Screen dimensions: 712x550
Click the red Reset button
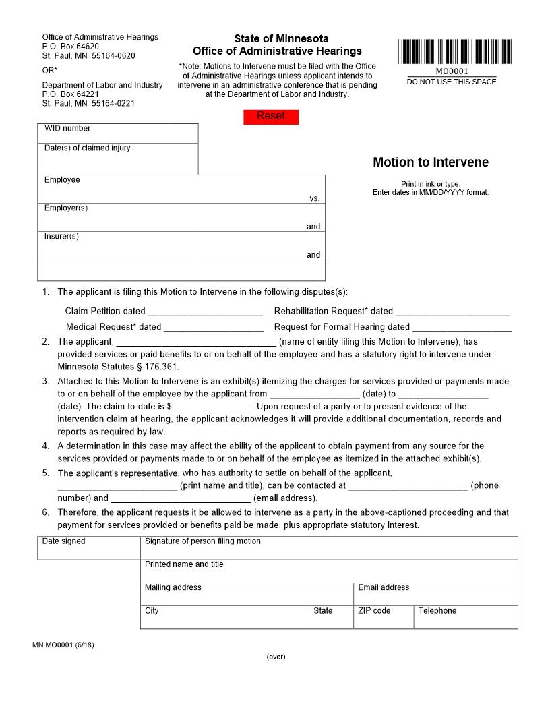[270, 117]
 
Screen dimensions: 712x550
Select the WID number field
[118, 133]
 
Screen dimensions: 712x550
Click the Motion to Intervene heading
[431, 162]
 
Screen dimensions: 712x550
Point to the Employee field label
[62, 180]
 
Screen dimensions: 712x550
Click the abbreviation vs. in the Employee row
[314, 198]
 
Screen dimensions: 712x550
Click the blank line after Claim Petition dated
[205, 311]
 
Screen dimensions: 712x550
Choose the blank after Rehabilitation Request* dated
[452, 311]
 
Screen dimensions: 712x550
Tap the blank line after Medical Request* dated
[213, 327]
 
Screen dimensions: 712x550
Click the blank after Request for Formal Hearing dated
[462, 327]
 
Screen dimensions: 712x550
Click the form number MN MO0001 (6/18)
[63, 645]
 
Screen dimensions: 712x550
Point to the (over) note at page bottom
[276, 657]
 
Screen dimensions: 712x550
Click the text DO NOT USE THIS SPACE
[452, 82]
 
